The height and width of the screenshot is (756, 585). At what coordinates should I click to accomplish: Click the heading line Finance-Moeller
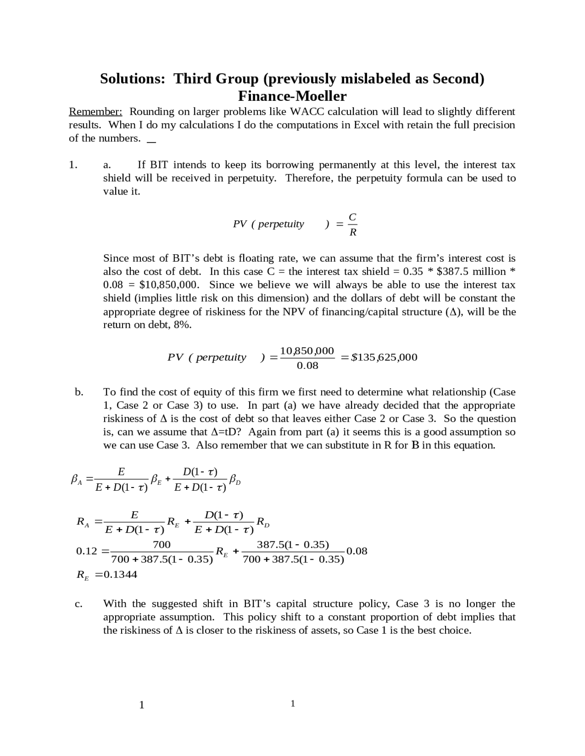click(x=292, y=96)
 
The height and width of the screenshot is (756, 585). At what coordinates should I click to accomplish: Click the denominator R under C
click(x=353, y=232)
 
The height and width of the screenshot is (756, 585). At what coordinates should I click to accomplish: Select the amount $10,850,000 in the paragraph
click(x=169, y=285)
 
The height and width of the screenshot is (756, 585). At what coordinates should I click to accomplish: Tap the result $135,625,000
click(x=384, y=357)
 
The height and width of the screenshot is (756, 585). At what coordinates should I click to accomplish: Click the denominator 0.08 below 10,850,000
click(x=307, y=366)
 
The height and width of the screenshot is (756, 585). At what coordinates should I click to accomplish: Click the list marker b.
click(x=79, y=392)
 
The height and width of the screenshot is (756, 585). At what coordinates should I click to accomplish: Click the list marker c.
click(x=79, y=604)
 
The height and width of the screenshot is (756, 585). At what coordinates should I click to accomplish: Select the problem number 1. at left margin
click(x=73, y=165)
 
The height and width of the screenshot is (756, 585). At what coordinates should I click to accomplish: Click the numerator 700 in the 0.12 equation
click(x=161, y=544)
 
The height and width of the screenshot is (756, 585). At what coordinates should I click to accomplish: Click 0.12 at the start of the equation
click(x=87, y=551)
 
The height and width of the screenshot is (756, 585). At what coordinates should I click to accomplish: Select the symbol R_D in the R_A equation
click(x=262, y=522)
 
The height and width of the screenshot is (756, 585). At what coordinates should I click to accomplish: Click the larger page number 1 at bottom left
click(x=142, y=705)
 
